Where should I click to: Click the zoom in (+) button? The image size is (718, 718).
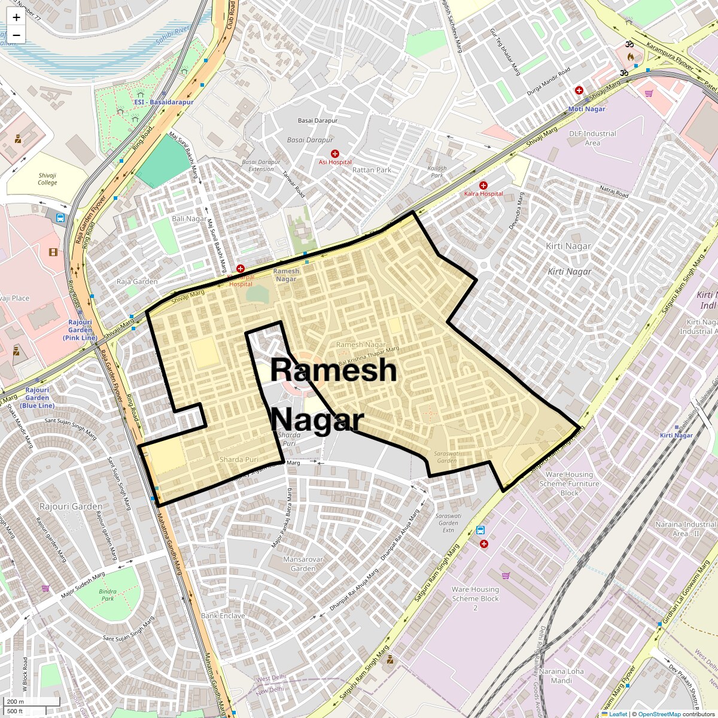16,17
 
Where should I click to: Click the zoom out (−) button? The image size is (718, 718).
16,35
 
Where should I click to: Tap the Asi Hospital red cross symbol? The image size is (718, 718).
334,154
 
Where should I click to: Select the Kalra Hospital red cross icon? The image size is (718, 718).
483,185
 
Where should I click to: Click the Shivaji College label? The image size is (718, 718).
47,179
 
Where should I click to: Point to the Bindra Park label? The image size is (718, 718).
108,595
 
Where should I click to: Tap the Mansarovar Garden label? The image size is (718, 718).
303,564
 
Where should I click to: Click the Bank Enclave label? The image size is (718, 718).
223,616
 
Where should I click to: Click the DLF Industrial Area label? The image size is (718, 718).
592,138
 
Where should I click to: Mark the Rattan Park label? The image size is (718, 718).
372,170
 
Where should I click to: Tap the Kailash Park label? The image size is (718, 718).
437,172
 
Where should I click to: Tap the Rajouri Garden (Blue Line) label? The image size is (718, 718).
37,397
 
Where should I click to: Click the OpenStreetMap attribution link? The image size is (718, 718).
659,714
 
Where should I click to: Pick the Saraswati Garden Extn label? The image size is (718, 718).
448,523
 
